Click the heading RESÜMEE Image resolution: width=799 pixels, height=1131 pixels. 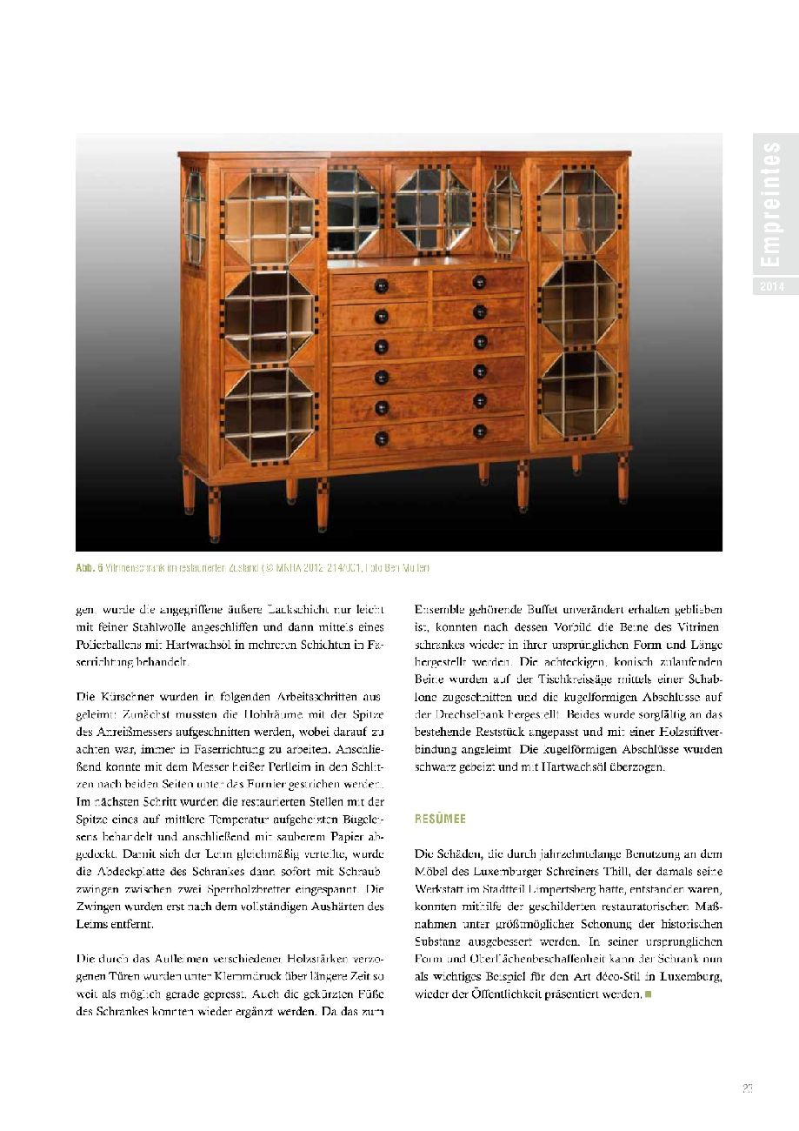click(440, 819)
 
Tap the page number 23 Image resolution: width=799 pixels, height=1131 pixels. click(748, 1087)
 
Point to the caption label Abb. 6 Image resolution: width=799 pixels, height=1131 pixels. click(90, 568)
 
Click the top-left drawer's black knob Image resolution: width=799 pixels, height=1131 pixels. click(380, 285)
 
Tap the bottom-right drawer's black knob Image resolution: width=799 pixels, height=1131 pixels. click(479, 431)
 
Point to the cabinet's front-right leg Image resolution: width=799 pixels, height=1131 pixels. click(623, 478)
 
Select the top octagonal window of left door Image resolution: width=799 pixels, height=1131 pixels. click(269, 217)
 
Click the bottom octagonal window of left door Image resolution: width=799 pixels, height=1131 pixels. click(269, 415)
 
